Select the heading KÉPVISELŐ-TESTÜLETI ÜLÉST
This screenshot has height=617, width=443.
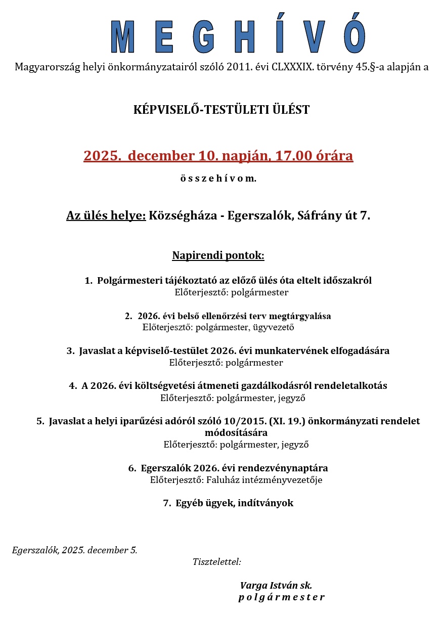(221, 110)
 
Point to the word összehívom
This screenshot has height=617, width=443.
(218, 179)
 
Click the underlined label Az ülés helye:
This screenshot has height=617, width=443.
(106, 216)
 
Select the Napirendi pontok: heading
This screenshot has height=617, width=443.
(218, 255)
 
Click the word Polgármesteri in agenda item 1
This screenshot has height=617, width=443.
(128, 281)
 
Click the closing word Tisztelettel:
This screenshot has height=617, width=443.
(216, 562)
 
